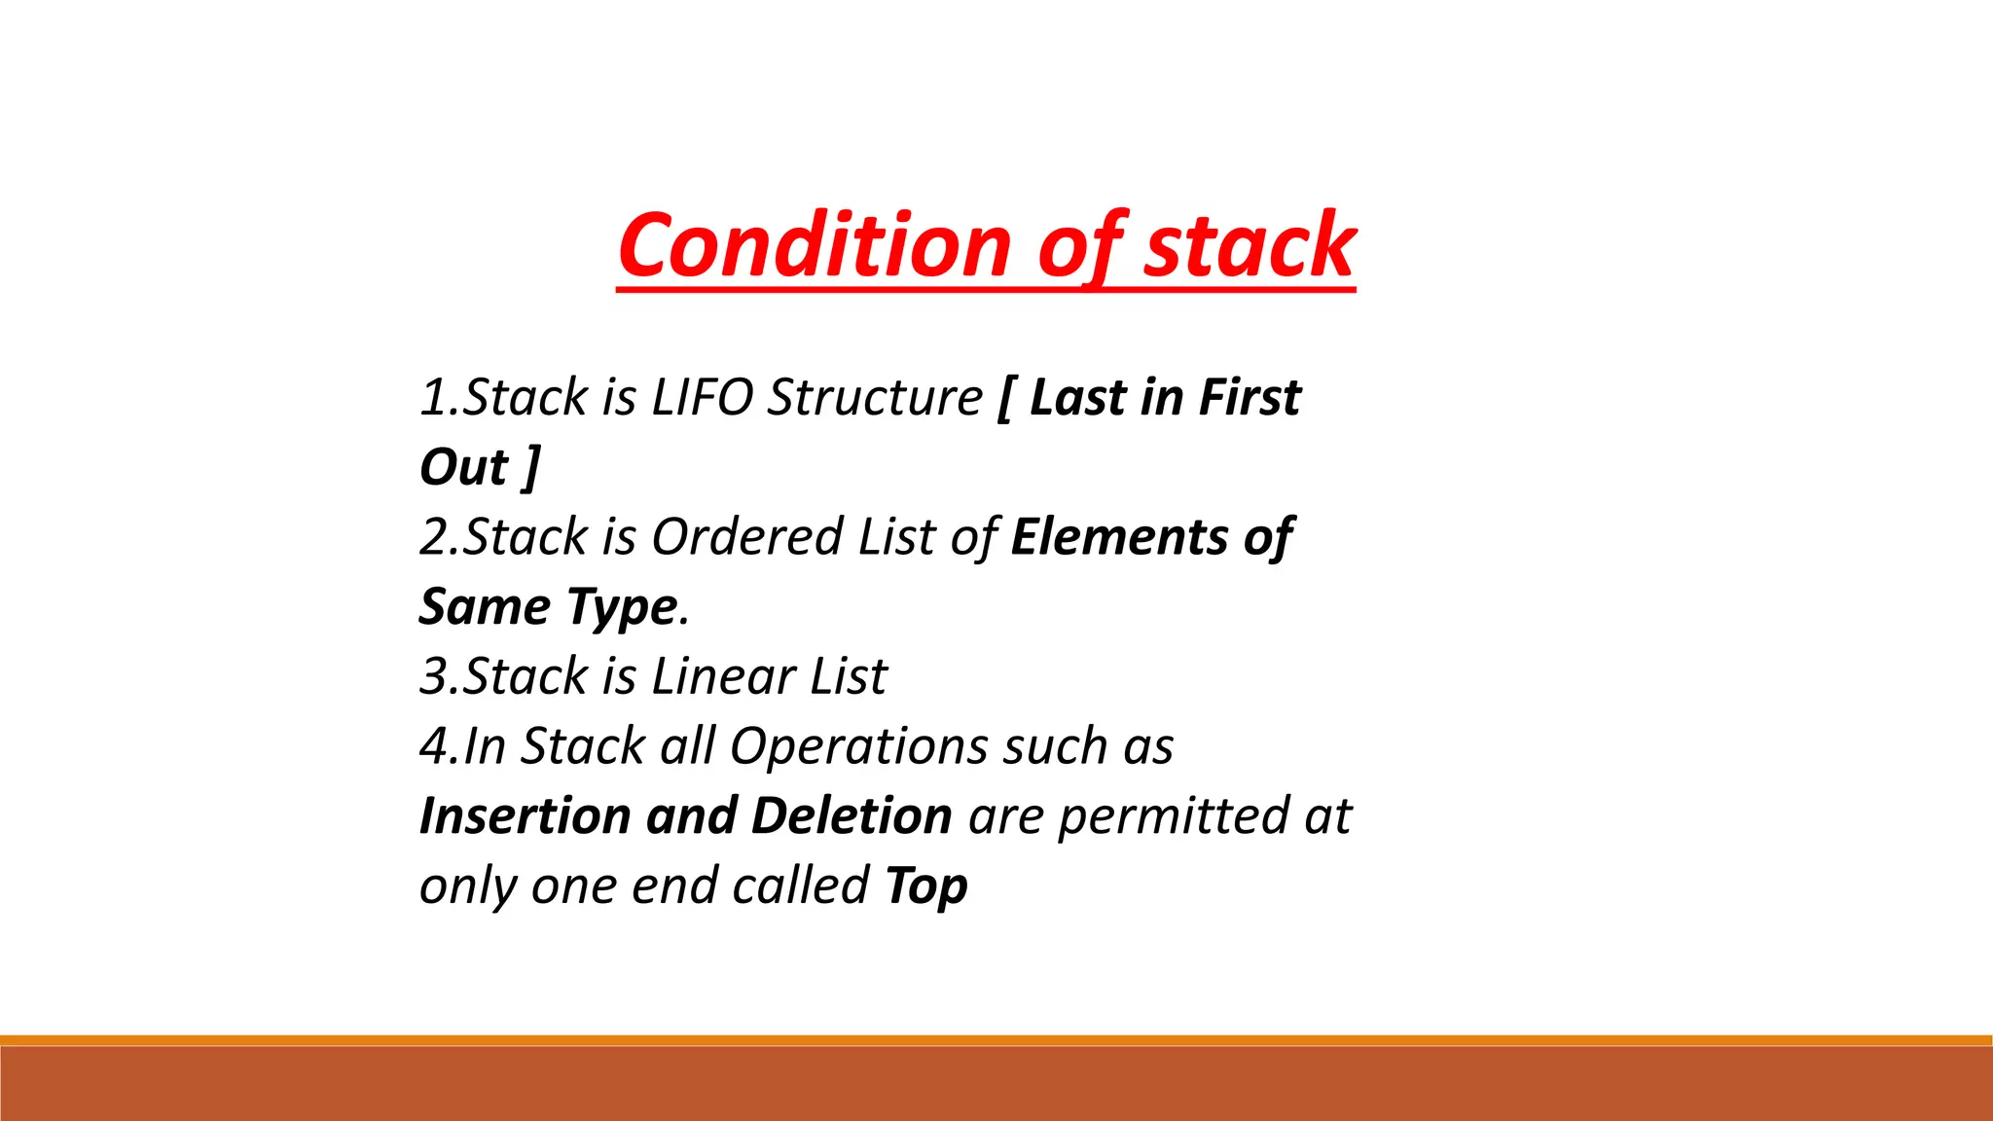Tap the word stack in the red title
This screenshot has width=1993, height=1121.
(x=1249, y=245)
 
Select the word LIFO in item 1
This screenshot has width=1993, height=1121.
(x=702, y=398)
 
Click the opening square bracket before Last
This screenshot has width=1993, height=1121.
(x=1005, y=398)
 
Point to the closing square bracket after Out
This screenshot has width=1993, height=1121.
(x=531, y=468)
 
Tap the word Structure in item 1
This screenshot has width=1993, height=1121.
(x=875, y=398)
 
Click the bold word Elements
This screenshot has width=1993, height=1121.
(x=1119, y=537)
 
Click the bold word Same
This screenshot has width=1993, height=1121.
(x=485, y=607)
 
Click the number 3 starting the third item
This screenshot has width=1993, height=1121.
(x=432, y=676)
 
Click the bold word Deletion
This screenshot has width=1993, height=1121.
(x=852, y=815)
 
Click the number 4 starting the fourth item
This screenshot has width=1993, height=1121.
(x=432, y=746)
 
